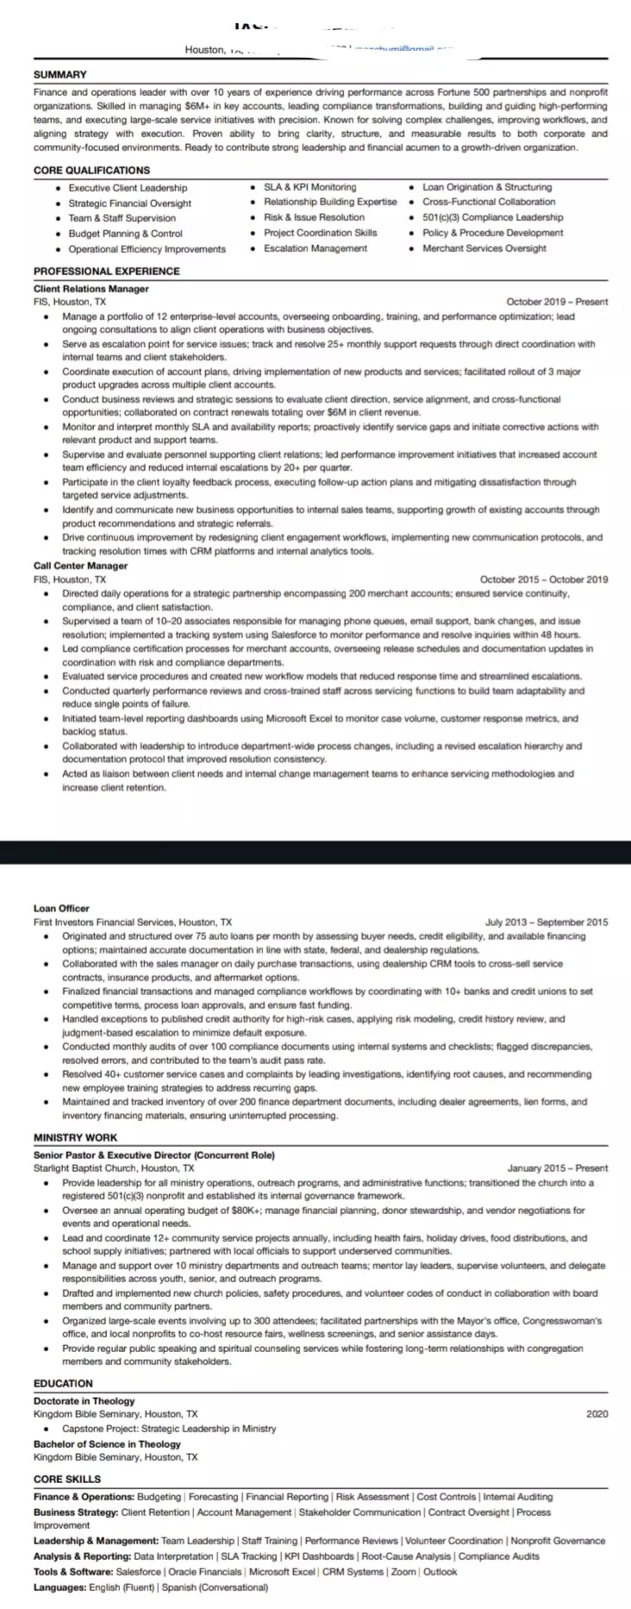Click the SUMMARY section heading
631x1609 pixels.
pos(60,75)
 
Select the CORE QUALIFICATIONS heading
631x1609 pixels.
pos(91,170)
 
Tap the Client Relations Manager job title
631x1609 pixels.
pos(91,289)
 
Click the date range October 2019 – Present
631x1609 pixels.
pos(557,302)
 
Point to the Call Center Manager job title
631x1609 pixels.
pos(80,566)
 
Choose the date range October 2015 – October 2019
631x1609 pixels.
pos(543,579)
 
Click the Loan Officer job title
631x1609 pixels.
pos(61,908)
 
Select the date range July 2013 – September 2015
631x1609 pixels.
pos(547,922)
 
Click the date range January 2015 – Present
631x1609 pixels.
pos(557,1168)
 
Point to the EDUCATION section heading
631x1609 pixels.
pos(63,1383)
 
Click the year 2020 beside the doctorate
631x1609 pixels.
pos(597,1413)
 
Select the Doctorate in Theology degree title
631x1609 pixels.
pos(84,1401)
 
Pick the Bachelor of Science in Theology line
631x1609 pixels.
pos(107,1443)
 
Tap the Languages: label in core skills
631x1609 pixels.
pos(59,1587)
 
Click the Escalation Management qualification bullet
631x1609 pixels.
pos(315,248)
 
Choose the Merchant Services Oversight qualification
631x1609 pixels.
pos(484,248)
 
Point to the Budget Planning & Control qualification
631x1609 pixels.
pos(126,234)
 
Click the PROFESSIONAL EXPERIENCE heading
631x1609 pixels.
pos(107,271)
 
